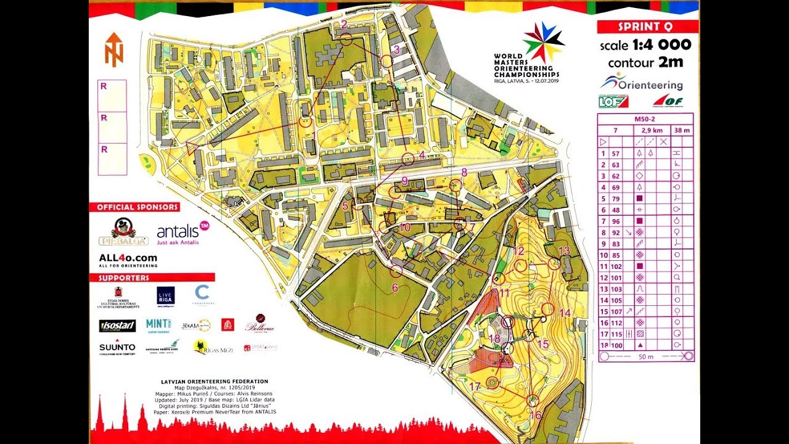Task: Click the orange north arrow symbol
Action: [113, 49]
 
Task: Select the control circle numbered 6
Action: [396, 271]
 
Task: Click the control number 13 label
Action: [564, 250]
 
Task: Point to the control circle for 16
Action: [533, 401]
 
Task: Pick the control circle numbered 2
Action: [346, 39]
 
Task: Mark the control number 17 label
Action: [474, 387]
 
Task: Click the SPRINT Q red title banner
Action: [647, 27]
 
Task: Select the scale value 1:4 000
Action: [661, 45]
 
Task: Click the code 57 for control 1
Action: [615, 154]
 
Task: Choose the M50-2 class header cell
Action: [645, 120]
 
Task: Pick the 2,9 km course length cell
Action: [645, 131]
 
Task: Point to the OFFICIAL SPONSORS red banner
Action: [134, 207]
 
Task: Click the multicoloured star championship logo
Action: [542, 41]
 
